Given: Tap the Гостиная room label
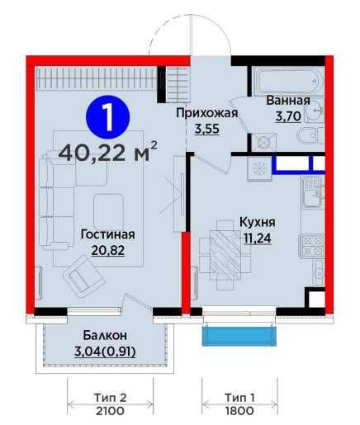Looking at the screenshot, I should point(107,234).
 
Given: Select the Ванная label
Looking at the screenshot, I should point(288,102).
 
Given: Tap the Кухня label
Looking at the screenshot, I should point(257,222).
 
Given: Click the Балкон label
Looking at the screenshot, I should point(104,335).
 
